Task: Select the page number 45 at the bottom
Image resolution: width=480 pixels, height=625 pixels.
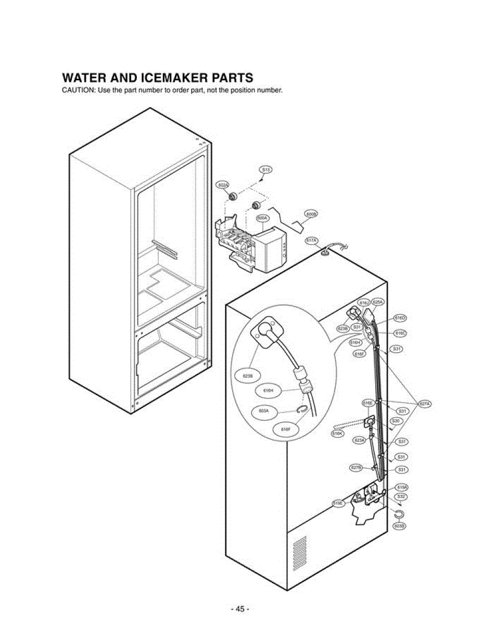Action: [x=239, y=609]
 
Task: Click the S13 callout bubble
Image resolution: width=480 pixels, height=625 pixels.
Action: [x=266, y=170]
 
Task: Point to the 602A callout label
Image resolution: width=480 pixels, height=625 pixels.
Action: [x=223, y=185]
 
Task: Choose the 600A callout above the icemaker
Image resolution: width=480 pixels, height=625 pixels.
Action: [x=261, y=218]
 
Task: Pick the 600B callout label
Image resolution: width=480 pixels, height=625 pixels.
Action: [x=311, y=214]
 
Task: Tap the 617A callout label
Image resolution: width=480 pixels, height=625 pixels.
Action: [x=311, y=241]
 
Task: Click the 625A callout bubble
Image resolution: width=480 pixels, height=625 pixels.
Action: [x=378, y=302]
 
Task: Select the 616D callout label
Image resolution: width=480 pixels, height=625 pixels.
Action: [x=400, y=318]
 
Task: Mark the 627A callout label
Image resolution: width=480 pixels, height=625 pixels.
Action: [x=425, y=404]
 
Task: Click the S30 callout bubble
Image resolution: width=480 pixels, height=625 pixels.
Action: [x=396, y=420]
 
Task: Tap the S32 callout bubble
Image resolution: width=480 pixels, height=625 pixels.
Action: [x=401, y=497]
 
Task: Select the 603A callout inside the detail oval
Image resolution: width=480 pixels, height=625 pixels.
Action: [x=263, y=411]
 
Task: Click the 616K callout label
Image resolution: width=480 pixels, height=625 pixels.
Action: [x=338, y=432]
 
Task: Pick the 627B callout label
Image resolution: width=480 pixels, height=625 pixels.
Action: [x=356, y=467]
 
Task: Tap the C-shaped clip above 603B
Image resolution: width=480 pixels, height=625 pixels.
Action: [x=399, y=515]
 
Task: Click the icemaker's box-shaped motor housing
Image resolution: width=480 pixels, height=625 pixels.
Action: [x=270, y=247]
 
